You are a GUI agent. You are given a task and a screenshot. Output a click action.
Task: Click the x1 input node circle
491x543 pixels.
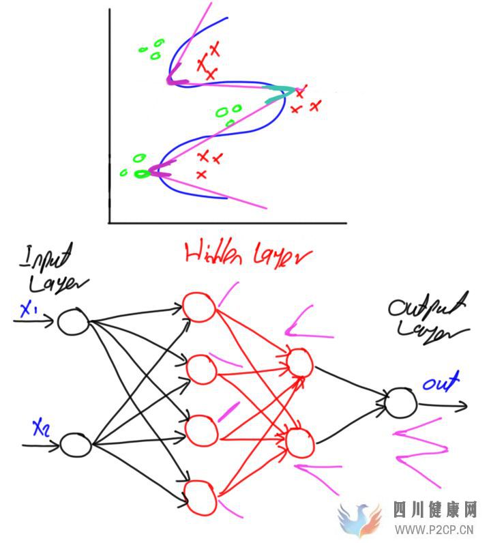(x=72, y=321)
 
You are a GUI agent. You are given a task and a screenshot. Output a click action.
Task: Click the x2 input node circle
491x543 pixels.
(x=76, y=445)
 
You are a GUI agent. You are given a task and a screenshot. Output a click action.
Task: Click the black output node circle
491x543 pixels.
(x=400, y=402)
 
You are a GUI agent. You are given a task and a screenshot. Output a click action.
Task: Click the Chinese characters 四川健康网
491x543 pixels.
(x=434, y=510)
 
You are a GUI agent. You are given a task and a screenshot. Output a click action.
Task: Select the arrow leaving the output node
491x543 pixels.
(x=443, y=405)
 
